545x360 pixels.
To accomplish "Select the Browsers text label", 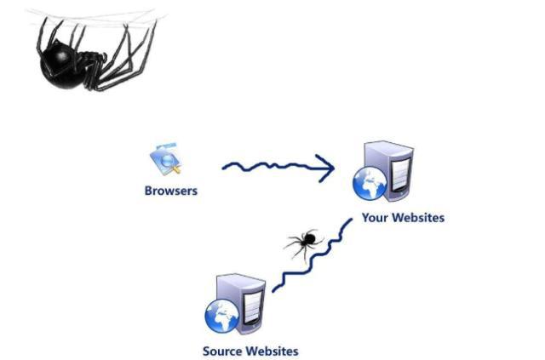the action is (170, 191).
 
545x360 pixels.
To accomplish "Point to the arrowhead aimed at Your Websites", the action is (324, 168).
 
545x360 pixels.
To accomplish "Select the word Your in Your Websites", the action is (376, 218).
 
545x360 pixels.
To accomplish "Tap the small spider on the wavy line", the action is (303, 243).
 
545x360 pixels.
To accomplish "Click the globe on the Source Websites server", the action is (219, 318).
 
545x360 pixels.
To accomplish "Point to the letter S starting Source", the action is (206, 350).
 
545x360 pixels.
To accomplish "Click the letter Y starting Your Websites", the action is (366, 218).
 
